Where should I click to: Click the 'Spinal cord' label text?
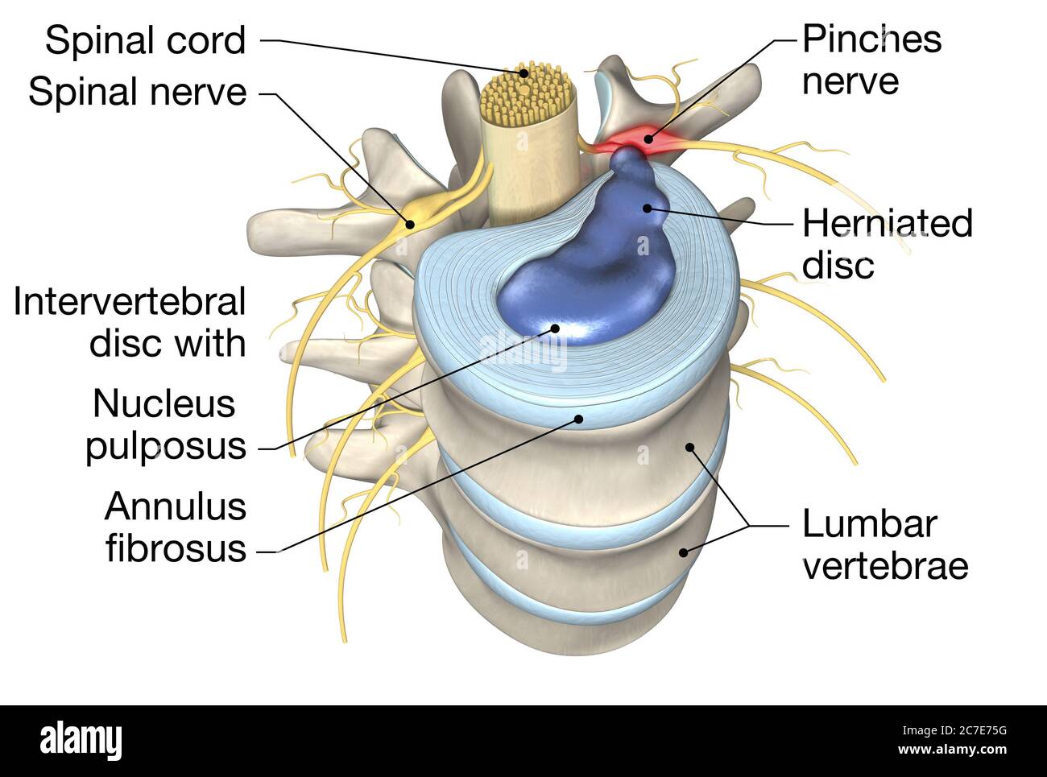(145, 40)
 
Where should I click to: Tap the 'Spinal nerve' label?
(137, 92)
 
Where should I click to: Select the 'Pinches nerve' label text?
(871, 60)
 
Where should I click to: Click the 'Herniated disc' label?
(887, 243)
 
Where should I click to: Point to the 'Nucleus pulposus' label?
(165, 424)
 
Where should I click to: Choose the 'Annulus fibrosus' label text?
(175, 527)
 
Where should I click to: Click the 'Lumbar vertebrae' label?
(884, 544)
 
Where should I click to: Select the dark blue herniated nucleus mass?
(588, 266)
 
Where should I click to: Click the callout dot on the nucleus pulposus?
(554, 328)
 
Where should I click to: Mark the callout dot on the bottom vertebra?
(684, 552)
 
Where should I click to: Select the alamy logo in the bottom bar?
(81, 739)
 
